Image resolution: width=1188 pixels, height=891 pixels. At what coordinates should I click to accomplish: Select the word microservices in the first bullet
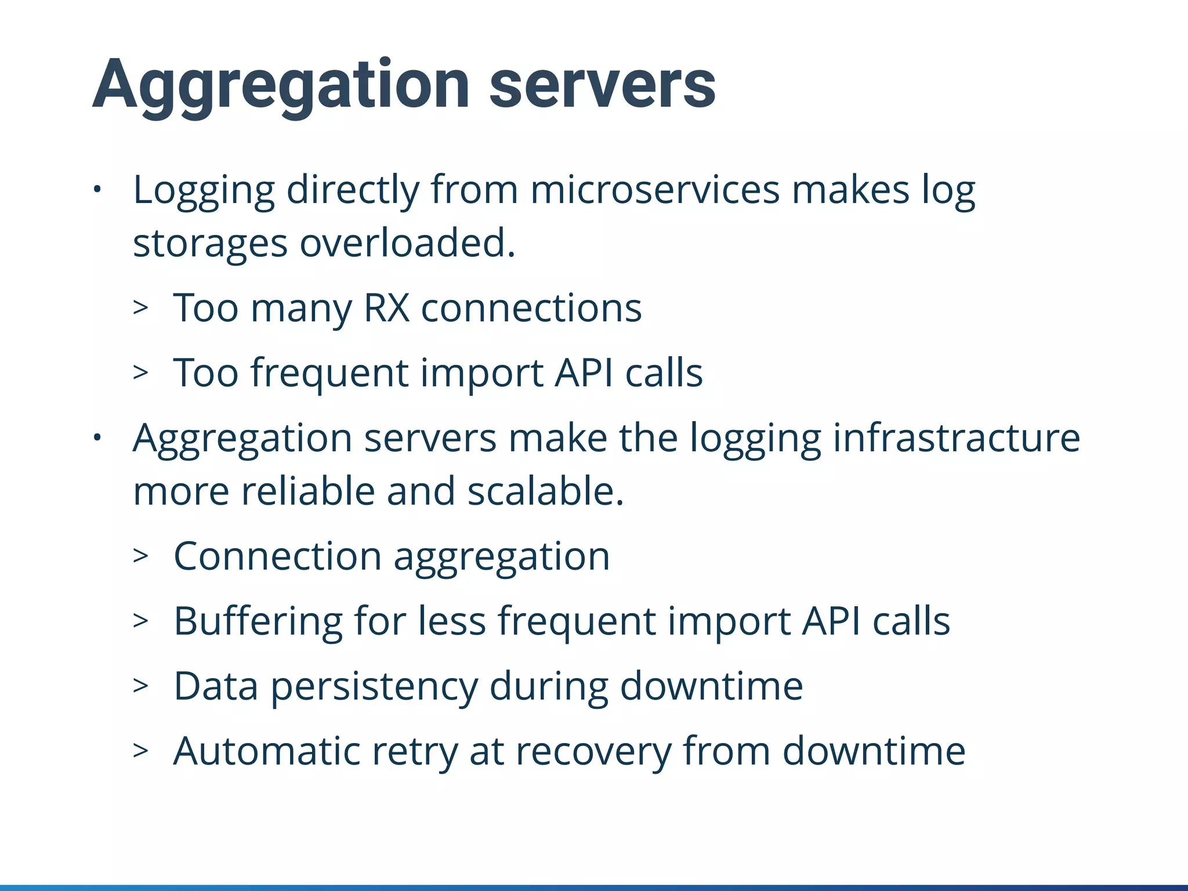pos(655,190)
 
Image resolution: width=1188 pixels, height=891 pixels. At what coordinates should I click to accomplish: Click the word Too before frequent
pos(206,372)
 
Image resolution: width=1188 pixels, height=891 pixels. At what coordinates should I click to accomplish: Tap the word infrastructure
pos(956,437)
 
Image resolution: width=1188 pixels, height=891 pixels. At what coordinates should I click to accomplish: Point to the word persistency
pos(374,686)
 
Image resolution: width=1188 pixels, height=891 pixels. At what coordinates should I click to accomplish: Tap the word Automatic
pos(267,751)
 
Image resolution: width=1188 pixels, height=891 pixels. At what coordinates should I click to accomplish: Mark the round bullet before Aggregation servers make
pos(97,437)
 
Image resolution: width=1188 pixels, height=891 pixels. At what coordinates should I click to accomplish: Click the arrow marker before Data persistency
pos(140,686)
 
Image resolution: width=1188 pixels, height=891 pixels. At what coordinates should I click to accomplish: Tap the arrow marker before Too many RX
pos(140,307)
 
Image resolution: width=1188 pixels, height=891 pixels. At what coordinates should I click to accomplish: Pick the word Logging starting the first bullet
pos(204,190)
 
